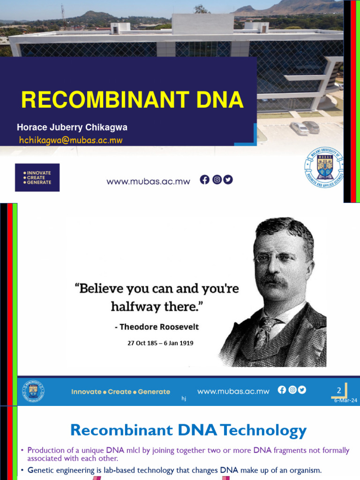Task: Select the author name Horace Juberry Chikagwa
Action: click(x=72, y=127)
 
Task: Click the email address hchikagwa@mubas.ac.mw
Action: click(x=71, y=140)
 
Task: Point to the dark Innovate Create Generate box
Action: click(x=37, y=178)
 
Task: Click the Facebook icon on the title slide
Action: click(x=205, y=180)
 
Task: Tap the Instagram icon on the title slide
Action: click(x=217, y=180)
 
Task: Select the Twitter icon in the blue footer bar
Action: click(x=301, y=390)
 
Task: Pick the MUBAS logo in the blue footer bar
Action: click(x=34, y=391)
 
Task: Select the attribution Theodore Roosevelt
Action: click(x=156, y=327)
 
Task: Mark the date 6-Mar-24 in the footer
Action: click(x=345, y=401)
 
